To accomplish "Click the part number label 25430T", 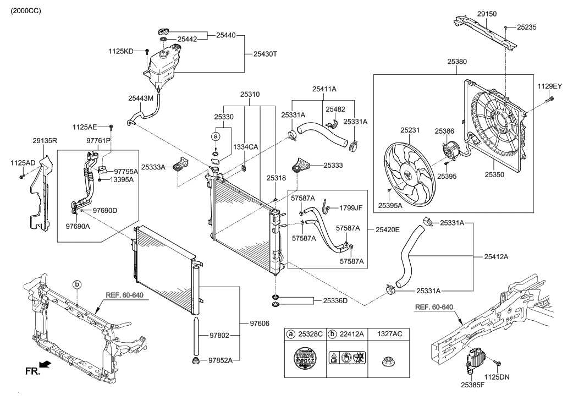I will click(265, 54).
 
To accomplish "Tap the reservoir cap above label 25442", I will click(164, 31).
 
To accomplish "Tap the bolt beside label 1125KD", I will click(147, 51).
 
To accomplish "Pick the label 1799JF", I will click(351, 208).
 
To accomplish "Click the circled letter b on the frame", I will click(78, 284).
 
